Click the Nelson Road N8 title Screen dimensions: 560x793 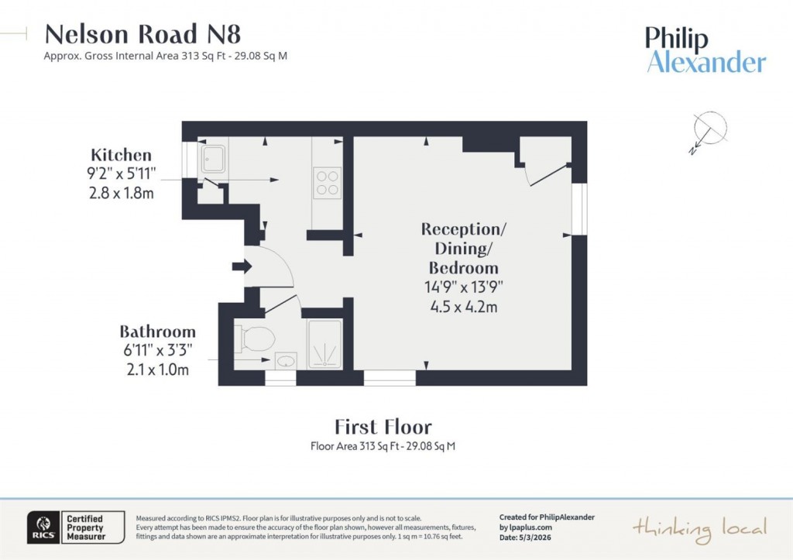[x=143, y=34]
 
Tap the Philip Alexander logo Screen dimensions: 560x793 [x=705, y=50]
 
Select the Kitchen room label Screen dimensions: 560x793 [x=121, y=155]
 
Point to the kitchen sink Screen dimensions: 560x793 [x=212, y=160]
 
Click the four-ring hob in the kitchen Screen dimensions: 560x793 [x=327, y=181]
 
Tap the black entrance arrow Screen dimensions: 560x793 [x=242, y=267]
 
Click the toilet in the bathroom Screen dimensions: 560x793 [x=256, y=338]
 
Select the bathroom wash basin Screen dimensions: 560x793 [x=285, y=361]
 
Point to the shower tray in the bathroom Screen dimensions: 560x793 [x=324, y=344]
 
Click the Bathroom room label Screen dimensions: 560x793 [x=157, y=332]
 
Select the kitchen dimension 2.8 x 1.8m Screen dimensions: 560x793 [x=122, y=193]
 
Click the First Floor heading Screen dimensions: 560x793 [x=383, y=427]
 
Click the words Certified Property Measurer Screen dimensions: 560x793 [x=84, y=527]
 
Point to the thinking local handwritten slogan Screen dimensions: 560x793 [x=700, y=528]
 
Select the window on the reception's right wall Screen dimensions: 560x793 [x=580, y=209]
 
